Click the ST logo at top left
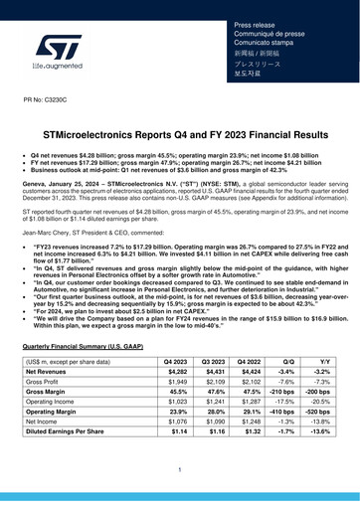(x=61, y=47)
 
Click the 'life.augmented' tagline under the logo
(x=61, y=72)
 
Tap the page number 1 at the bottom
(x=180, y=469)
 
